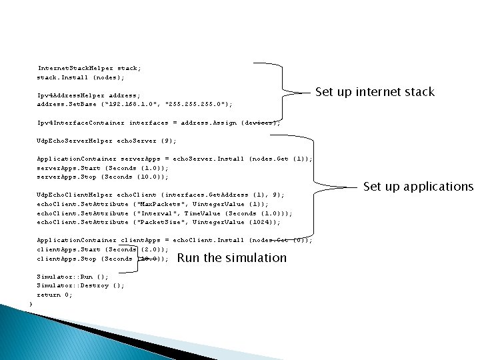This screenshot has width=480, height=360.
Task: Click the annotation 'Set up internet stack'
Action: (375, 92)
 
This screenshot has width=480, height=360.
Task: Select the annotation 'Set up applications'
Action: (418, 186)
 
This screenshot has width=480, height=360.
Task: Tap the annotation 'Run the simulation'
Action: (232, 257)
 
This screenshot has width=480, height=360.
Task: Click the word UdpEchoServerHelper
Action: (75, 141)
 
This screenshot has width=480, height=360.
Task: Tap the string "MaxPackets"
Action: (157, 204)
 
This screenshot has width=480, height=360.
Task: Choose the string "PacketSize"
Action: (157, 222)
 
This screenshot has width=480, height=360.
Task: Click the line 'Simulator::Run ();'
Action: (73, 277)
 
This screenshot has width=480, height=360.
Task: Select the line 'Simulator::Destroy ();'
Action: (80, 285)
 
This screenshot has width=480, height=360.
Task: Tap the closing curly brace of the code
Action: (31, 304)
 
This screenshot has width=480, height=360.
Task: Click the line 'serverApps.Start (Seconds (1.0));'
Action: (102, 168)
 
